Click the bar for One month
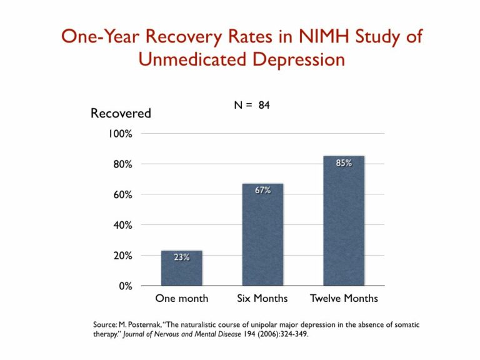coord(182,269)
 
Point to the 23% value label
coord(182,257)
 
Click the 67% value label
coord(262,190)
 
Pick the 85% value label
coord(344,162)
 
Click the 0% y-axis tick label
coord(126,286)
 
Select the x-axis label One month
coord(182,298)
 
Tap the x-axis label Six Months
coord(262,298)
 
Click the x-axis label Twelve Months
coord(344,298)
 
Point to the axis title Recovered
coord(121,113)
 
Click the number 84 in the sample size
coord(264,106)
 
